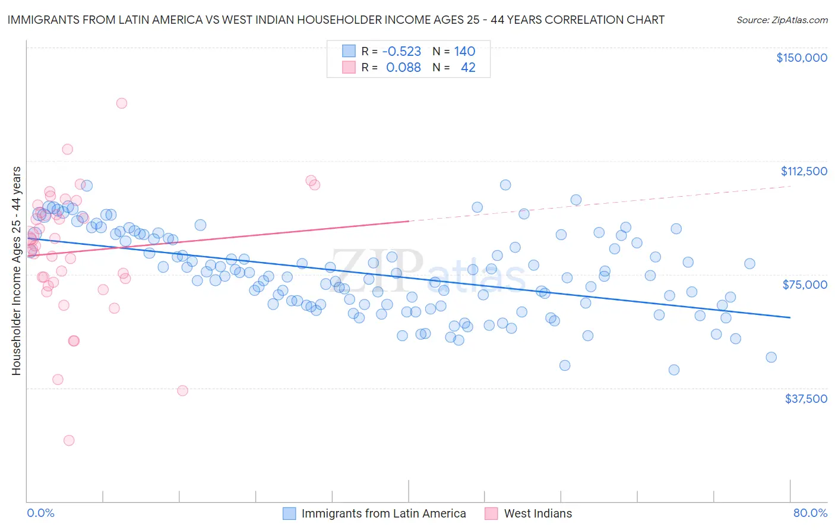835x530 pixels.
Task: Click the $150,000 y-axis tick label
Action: click(x=801, y=58)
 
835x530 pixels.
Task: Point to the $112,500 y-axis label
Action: click(x=804, y=171)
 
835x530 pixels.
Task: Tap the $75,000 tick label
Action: click(x=805, y=285)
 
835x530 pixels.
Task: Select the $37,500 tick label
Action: click(x=805, y=399)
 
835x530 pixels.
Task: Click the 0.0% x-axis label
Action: click(x=40, y=513)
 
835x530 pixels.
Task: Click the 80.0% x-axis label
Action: click(x=810, y=513)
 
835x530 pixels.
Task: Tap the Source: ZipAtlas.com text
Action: click(x=782, y=20)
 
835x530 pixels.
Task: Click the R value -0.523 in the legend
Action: click(x=401, y=52)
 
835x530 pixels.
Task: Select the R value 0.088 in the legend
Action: click(x=403, y=68)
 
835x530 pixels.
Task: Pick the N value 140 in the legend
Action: click(x=464, y=52)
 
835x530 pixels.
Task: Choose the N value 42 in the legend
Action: click(x=468, y=68)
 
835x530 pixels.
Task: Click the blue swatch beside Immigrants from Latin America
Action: click(x=289, y=513)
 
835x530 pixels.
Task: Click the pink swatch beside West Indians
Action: click(x=491, y=513)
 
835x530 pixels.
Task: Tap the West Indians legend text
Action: click(x=537, y=513)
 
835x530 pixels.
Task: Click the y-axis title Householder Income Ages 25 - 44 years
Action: click(x=17, y=271)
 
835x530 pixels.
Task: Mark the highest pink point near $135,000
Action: click(x=122, y=103)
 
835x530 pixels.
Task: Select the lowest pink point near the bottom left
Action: click(x=69, y=440)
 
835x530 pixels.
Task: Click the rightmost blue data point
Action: click(x=771, y=357)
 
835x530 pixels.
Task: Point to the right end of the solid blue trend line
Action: click(x=790, y=317)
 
